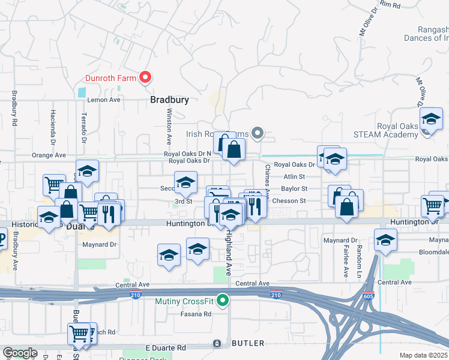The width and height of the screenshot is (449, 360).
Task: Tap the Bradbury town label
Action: [169, 100]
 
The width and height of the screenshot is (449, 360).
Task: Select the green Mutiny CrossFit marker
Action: [223, 300]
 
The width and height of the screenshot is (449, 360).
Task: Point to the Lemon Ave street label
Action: [104, 100]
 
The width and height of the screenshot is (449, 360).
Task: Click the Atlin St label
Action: [295, 176]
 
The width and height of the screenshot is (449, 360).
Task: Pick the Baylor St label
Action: [294, 188]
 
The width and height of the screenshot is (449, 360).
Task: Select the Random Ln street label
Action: [359, 256]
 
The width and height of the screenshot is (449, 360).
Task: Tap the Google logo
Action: [20, 353]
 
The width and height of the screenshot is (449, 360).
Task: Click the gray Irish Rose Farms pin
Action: [258, 133]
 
